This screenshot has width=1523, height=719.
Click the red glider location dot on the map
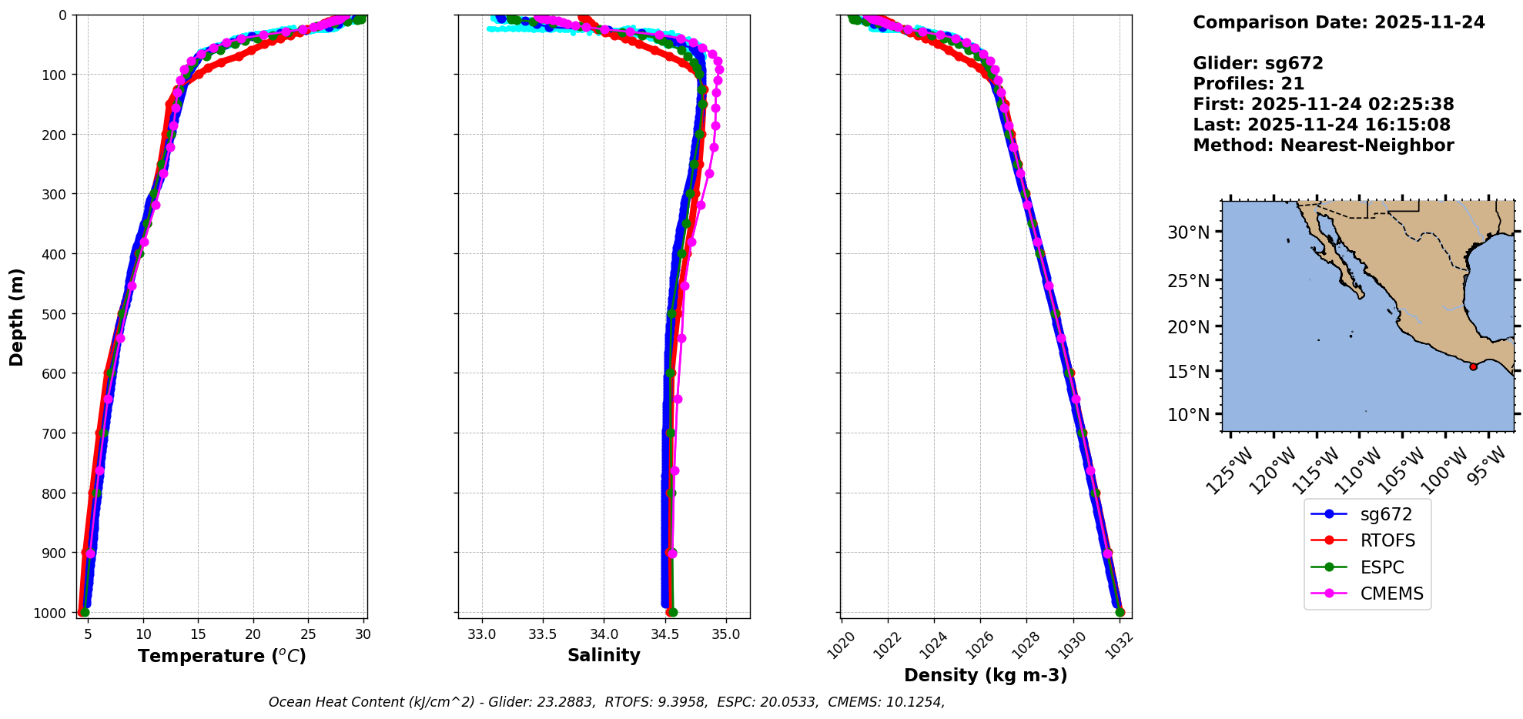[x=1473, y=366]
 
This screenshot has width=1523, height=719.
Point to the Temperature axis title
[x=222, y=657]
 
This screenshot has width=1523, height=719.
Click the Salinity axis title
[x=604, y=656]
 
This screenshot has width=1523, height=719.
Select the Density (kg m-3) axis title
[x=986, y=676]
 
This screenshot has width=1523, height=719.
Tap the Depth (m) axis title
[x=17, y=316]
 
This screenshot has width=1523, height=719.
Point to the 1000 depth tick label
[x=50, y=613]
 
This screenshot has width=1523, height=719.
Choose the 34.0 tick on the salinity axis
[x=604, y=635]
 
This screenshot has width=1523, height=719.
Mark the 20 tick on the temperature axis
[x=253, y=635]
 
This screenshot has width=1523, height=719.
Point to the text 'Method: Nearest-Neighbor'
[x=1323, y=145]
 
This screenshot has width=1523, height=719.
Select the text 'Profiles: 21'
[x=1248, y=84]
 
